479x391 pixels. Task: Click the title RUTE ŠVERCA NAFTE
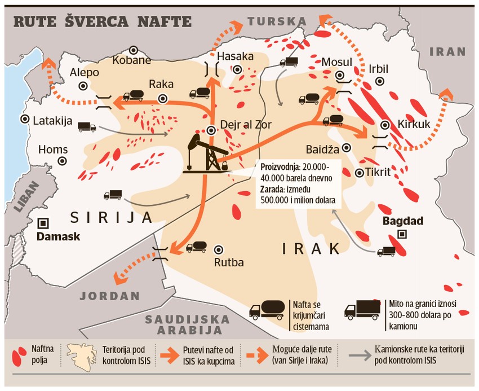pyautogui.click(x=102, y=22)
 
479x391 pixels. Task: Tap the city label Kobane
pyautogui.click(x=132, y=60)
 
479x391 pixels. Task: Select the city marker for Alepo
pyautogui.click(x=83, y=86)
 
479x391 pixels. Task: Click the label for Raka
pyautogui.click(x=161, y=84)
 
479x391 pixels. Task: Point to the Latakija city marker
pyautogui.click(x=25, y=119)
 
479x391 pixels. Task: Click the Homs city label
pyautogui.click(x=53, y=150)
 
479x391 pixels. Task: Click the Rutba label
pyautogui.click(x=228, y=262)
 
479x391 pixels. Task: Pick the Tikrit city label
pyautogui.click(x=378, y=172)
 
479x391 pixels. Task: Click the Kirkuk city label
pyautogui.click(x=414, y=124)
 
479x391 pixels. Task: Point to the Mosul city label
pyautogui.click(x=336, y=61)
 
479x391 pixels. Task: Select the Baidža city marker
pyautogui.click(x=346, y=147)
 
